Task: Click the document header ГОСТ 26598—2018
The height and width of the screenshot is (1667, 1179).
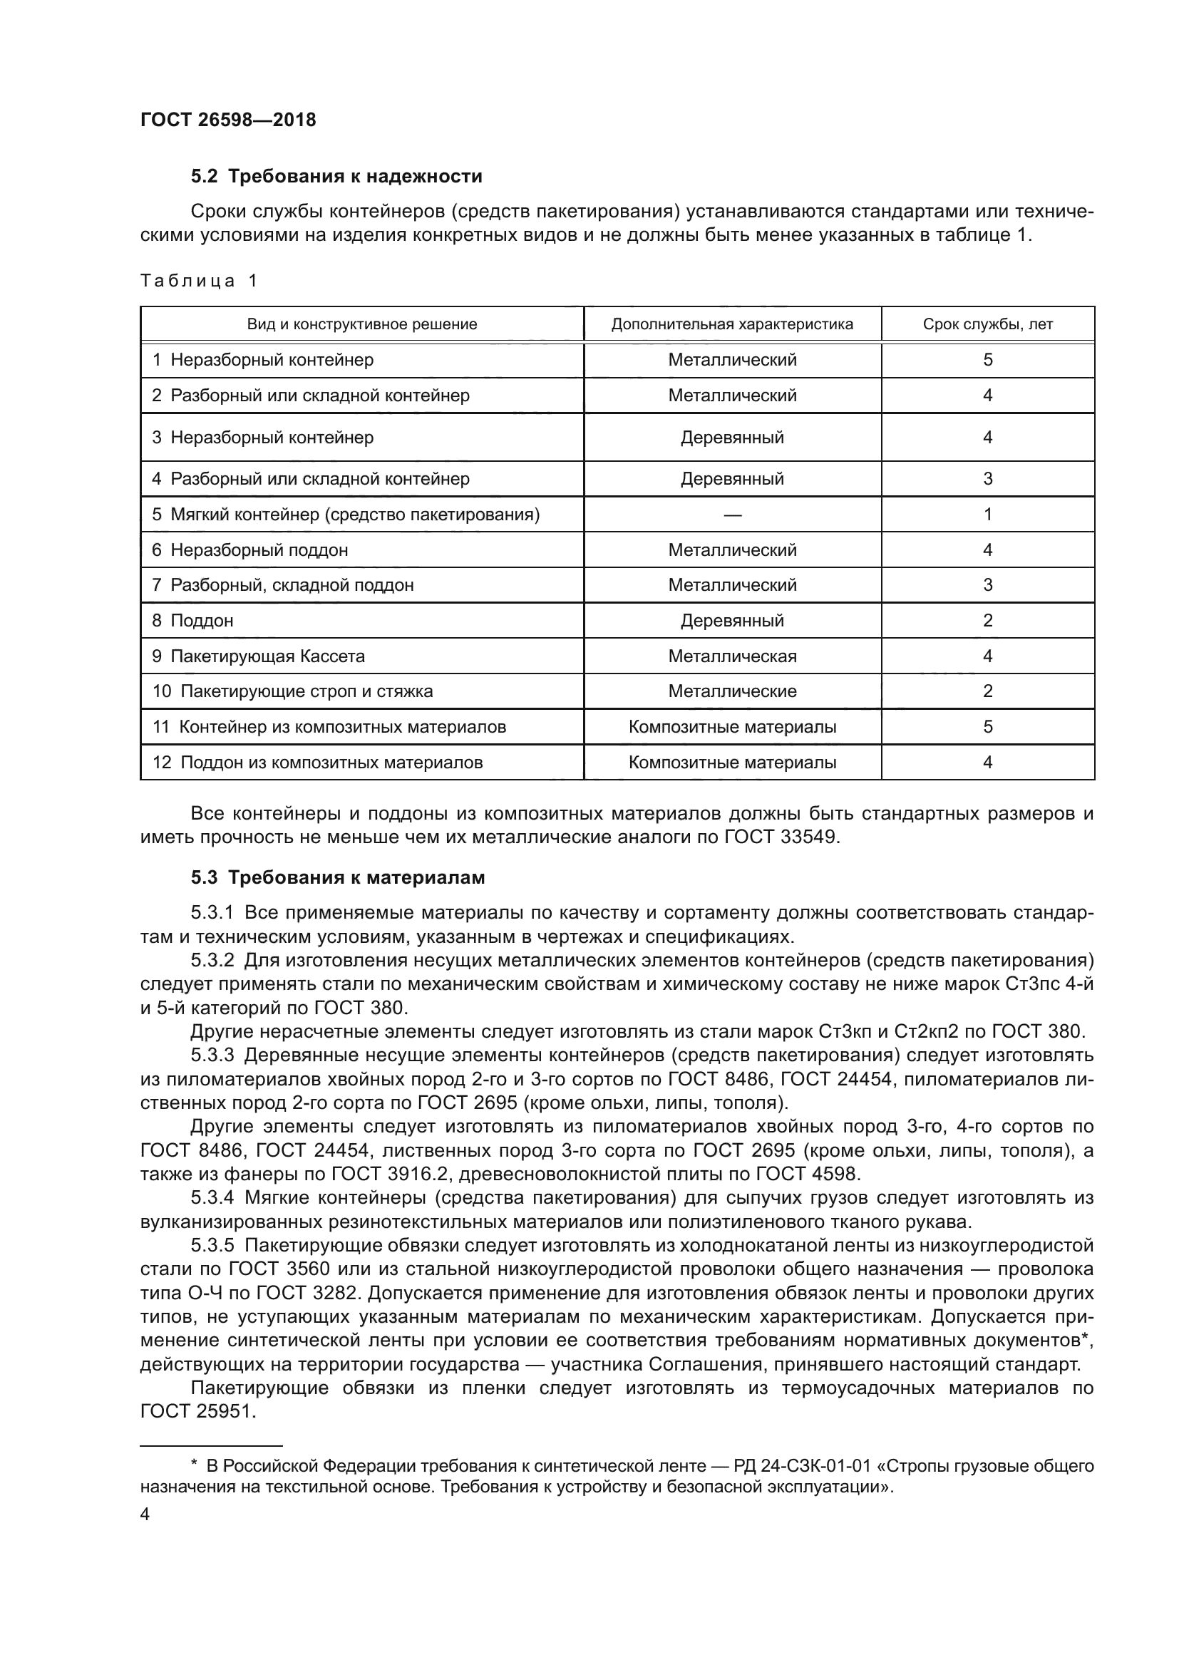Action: click(x=228, y=120)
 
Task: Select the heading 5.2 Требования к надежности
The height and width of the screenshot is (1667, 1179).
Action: click(x=336, y=177)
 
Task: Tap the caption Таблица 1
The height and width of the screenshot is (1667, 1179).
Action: click(x=198, y=281)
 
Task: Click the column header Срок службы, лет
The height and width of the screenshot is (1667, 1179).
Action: click(x=987, y=324)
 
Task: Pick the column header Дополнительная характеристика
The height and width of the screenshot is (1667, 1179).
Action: click(x=732, y=324)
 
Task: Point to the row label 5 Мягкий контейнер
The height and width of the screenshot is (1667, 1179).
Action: click(x=346, y=515)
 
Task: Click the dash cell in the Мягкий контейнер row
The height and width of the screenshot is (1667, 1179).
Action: click(x=732, y=515)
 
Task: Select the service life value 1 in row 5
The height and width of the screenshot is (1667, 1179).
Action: click(x=987, y=515)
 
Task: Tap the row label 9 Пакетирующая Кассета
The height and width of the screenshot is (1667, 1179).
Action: click(x=259, y=656)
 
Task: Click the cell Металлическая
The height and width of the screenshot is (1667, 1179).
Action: click(x=732, y=656)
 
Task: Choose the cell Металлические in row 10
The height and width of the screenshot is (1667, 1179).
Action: click(x=732, y=691)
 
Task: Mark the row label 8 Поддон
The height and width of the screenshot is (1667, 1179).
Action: click(x=192, y=621)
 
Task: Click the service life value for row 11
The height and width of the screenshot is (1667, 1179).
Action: click(x=987, y=727)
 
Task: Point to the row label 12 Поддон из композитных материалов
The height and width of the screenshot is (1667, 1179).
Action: click(x=317, y=763)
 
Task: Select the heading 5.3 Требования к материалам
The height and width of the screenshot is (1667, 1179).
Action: click(x=338, y=878)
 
